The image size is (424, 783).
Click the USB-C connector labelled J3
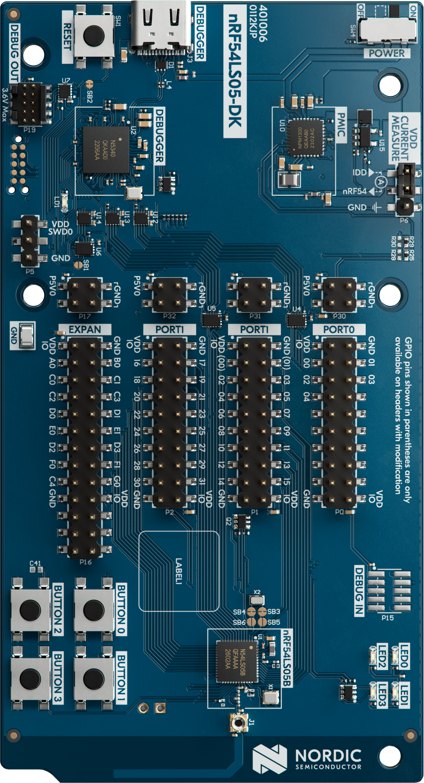pyautogui.click(x=161, y=27)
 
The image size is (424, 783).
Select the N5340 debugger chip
pyautogui.click(x=106, y=150)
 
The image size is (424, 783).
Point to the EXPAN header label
pyautogui.click(x=85, y=329)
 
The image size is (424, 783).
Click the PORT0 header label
pyautogui.click(x=339, y=329)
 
